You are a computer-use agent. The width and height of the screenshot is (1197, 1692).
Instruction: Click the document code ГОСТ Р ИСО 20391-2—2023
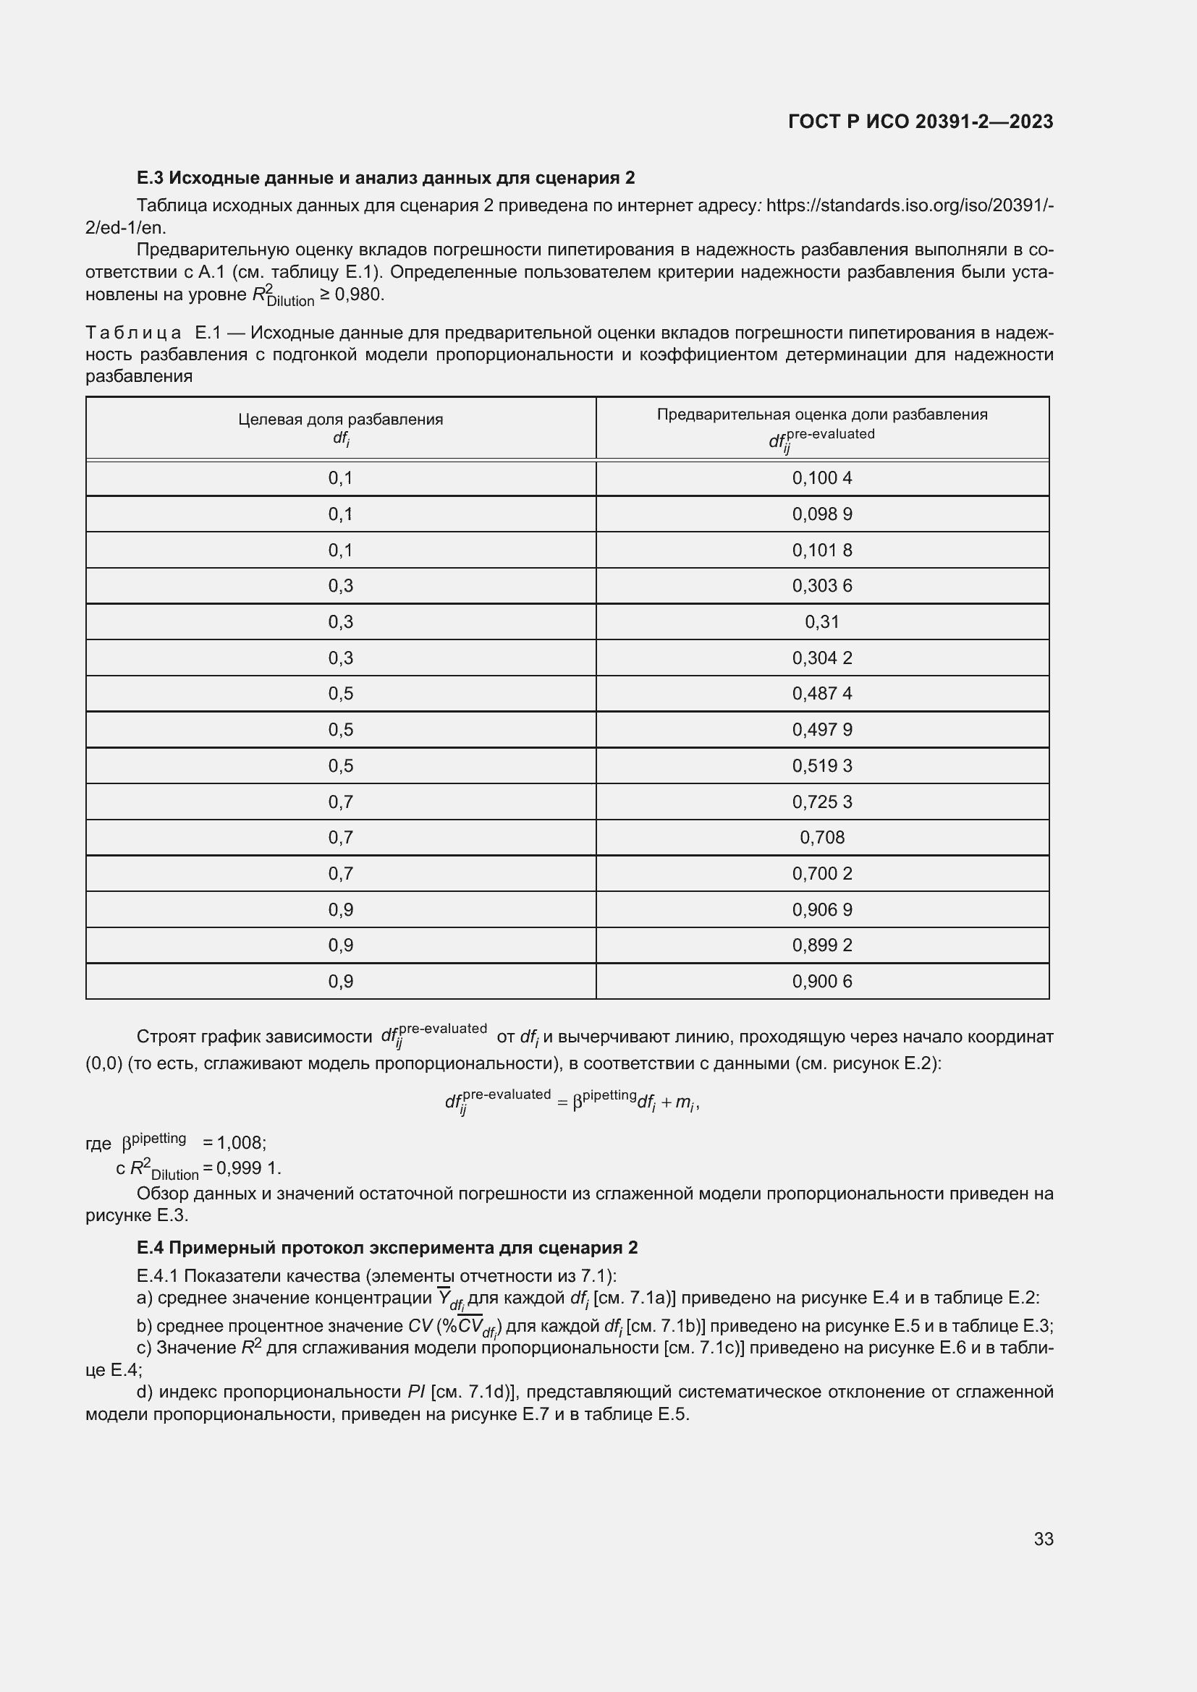point(921,122)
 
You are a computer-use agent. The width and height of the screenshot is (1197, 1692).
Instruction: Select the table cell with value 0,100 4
point(822,478)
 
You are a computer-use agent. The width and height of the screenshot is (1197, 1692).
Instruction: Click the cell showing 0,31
point(822,622)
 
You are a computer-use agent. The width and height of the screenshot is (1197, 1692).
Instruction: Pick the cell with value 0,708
point(822,837)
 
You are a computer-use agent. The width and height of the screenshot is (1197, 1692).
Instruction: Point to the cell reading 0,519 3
point(822,765)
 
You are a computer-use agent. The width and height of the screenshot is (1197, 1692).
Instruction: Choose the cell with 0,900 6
point(822,981)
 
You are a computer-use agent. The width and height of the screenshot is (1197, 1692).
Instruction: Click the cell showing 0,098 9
point(822,514)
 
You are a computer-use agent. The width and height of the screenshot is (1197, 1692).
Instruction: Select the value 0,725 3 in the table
point(822,802)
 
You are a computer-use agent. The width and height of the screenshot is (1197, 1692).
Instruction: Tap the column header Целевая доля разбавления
point(341,420)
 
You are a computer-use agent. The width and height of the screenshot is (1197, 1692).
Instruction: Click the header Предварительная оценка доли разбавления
point(822,415)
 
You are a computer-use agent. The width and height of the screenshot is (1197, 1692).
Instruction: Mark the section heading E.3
point(386,178)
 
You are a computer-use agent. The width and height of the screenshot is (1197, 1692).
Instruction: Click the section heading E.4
point(387,1248)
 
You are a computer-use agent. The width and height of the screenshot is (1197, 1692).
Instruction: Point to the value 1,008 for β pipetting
point(240,1143)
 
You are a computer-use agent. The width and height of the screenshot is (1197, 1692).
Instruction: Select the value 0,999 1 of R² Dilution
point(248,1168)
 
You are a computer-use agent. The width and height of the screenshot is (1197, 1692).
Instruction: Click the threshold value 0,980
point(359,294)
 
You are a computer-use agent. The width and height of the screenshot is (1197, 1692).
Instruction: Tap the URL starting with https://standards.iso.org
point(910,205)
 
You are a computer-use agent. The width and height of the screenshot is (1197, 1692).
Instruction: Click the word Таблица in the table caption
point(133,333)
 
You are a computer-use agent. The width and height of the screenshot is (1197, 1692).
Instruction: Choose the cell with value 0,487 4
point(822,694)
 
